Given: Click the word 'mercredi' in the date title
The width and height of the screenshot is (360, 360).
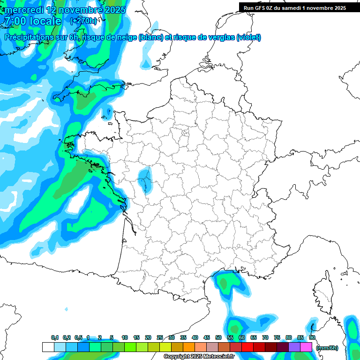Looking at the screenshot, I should [21, 10].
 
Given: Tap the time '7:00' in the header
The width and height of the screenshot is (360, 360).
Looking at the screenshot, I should [14, 21].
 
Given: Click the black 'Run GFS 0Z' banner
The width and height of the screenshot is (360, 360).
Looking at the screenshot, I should [294, 7].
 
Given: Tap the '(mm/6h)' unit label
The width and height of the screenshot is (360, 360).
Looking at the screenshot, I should [327, 348].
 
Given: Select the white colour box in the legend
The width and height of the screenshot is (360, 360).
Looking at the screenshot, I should [48, 347].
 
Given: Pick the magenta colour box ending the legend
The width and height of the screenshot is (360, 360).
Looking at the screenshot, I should [306, 347].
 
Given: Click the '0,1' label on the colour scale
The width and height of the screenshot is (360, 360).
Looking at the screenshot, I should [54, 338].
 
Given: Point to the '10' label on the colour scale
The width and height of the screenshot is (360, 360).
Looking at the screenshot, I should [125, 338].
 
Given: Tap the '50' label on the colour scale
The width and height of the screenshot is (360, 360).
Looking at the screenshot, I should [218, 338].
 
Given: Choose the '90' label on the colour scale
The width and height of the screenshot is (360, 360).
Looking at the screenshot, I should [312, 338].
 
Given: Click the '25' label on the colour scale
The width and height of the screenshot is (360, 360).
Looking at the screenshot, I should [160, 338].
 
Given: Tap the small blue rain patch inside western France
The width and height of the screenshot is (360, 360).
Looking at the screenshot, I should [145, 180].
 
